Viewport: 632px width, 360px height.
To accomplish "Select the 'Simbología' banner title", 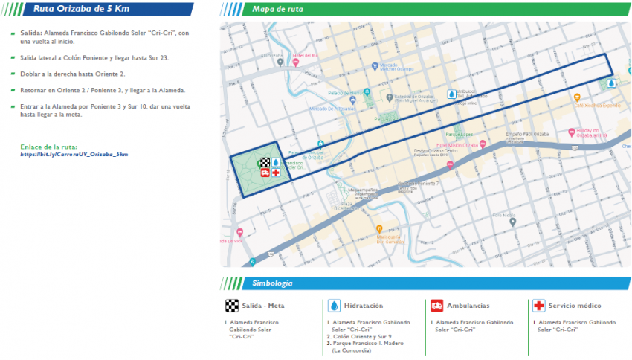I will [272, 283].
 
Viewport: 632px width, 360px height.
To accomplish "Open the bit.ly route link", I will [74, 154].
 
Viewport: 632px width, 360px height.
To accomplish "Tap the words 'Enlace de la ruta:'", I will [49, 147].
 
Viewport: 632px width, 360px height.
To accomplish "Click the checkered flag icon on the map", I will [264, 161].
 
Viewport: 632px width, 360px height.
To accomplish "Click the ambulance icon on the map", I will [265, 172].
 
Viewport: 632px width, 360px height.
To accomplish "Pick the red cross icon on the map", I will [275, 172].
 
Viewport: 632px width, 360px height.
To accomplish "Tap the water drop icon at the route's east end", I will [611, 84].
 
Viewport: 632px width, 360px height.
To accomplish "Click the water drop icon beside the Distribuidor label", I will [451, 94].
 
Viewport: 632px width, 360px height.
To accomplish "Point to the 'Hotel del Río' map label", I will [305, 56].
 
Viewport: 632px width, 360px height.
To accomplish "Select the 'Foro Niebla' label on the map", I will [504, 215].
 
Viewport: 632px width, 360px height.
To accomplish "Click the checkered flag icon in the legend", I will [232, 306].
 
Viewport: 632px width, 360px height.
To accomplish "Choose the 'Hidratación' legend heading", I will [364, 306].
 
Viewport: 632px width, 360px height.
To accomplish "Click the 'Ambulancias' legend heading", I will [468, 306].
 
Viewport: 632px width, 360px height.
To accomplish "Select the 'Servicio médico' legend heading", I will [575, 306].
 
